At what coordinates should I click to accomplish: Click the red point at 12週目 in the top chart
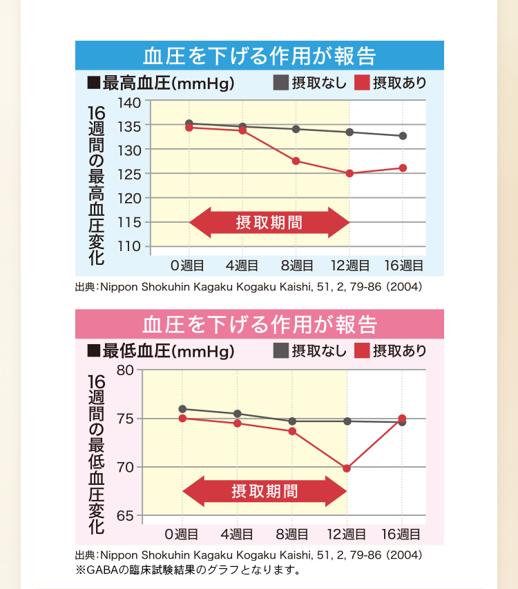[349, 174]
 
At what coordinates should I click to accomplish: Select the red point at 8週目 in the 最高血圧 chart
[296, 161]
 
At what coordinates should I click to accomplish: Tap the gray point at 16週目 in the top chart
[403, 136]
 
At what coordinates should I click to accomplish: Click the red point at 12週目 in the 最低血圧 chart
[347, 468]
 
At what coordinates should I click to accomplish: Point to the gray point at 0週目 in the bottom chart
[182, 409]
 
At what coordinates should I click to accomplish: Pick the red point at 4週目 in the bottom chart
[238, 423]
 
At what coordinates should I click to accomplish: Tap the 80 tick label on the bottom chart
[125, 370]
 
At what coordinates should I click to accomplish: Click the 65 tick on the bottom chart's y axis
[125, 516]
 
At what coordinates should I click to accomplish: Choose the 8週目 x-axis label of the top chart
[297, 266]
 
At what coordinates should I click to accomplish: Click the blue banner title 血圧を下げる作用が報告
[259, 55]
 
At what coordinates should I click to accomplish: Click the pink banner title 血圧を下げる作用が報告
[259, 323]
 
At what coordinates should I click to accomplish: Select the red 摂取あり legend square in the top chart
[362, 83]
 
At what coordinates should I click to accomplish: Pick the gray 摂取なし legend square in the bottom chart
[281, 350]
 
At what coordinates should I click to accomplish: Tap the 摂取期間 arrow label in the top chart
[269, 223]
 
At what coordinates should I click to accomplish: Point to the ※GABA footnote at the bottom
[188, 570]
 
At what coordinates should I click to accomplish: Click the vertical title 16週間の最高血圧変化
[96, 185]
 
